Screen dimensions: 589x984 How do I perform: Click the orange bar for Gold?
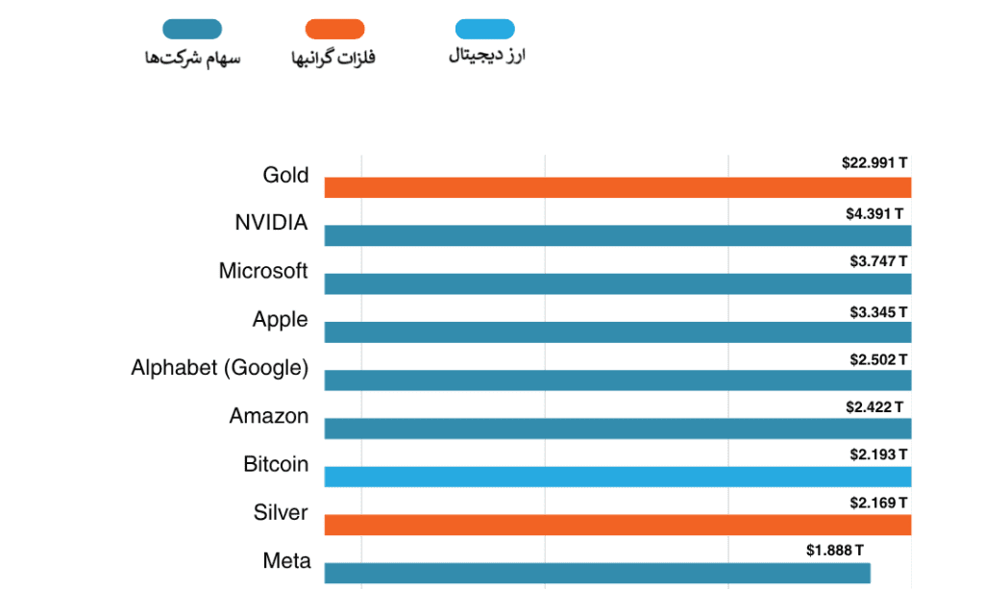[618, 187]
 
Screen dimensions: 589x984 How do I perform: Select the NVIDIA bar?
[618, 235]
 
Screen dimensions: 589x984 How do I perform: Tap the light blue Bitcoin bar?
[618, 477]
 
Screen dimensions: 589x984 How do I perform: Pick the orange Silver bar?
[618, 525]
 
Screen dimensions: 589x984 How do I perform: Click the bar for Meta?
[597, 573]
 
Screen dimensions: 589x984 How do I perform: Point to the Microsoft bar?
[618, 283]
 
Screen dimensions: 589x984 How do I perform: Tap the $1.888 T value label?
[835, 551]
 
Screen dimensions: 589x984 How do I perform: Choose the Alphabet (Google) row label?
[220, 368]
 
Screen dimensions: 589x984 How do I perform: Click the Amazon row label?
[269, 416]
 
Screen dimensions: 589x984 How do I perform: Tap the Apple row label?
[281, 320]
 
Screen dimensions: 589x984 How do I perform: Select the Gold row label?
[285, 175]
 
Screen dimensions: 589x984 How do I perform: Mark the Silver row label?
[281, 512]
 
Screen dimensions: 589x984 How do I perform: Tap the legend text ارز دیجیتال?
[486, 56]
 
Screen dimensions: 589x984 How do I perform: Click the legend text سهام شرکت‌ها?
[192, 59]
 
